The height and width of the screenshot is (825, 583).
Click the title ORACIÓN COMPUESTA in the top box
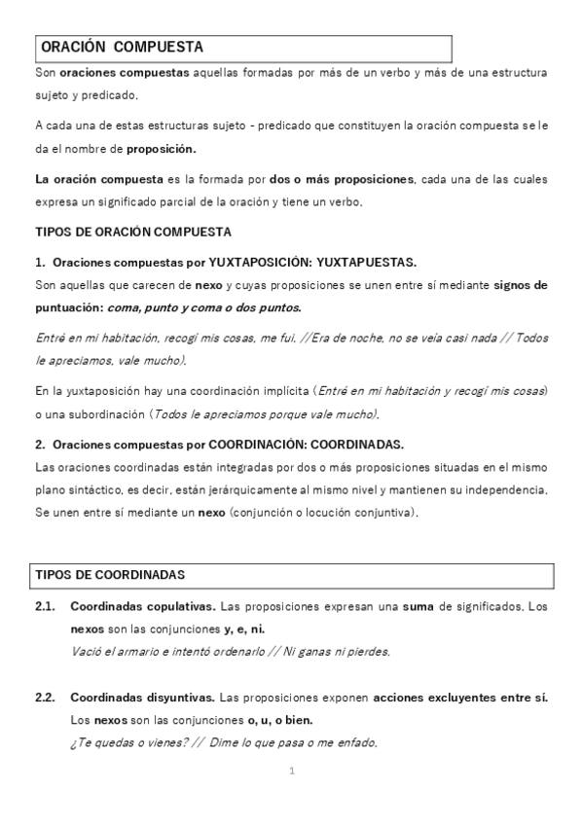point(122,47)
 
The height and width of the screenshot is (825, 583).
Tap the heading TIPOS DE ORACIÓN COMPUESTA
point(132,233)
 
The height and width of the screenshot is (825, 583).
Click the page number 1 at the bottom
point(291,771)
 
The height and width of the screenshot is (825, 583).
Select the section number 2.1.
point(45,607)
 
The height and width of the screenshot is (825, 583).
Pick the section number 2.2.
point(45,699)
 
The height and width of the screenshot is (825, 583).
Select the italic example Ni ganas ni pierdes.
point(337,652)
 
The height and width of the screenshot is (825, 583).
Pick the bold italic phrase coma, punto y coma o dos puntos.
point(195,308)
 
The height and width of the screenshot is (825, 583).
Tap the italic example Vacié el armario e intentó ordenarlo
point(169,652)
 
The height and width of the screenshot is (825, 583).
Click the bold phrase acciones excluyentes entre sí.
point(460,699)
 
